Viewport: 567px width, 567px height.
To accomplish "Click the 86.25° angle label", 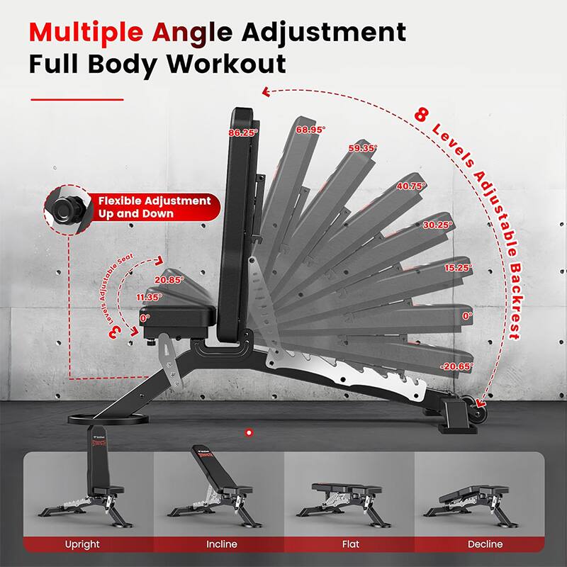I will pos(243,133).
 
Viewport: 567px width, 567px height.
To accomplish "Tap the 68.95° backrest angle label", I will pos(311,130).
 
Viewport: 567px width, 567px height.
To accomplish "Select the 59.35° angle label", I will pos(363,148).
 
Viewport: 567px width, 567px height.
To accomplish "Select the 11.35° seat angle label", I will pos(150,298).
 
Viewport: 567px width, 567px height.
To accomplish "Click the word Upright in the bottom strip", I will pos(82,544).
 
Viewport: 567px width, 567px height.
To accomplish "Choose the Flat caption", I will pos(350,544).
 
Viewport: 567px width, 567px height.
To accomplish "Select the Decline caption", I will pos(485,544).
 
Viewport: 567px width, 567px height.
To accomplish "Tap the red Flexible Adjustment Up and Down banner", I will pos(152,207).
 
